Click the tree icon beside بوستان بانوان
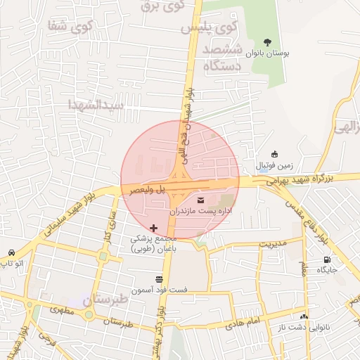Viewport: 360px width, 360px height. pos(268,41)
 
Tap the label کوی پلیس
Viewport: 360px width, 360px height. pos(209,29)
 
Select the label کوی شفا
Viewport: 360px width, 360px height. pos(60,26)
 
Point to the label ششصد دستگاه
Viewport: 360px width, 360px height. pos(223,58)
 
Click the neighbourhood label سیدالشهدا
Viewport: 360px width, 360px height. pos(96,104)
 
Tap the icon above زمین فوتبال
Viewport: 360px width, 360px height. pos(274,155)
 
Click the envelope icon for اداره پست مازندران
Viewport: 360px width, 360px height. pos(192,200)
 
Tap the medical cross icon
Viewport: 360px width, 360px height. pos(154,229)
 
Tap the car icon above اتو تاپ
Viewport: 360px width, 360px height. pos(12,252)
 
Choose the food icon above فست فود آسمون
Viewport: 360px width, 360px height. pos(159,280)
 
